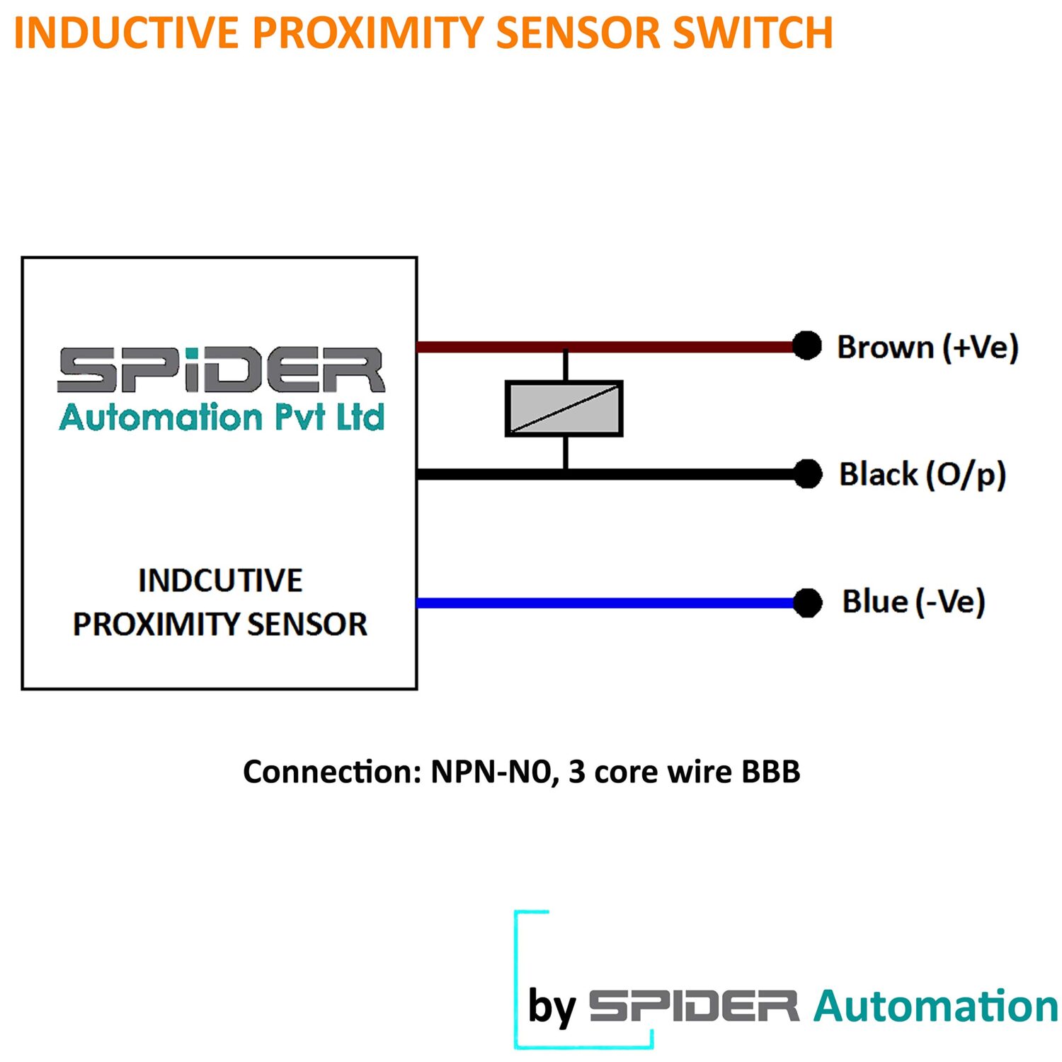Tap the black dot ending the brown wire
coord(806,346)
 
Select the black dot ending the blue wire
coord(807,603)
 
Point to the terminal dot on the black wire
coord(807,474)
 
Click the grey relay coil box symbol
coord(564,409)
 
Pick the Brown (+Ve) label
coord(927,347)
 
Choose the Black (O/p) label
coord(923,474)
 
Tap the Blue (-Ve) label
coord(913,602)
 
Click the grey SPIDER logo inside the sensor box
coord(221,370)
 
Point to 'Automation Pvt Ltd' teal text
coord(221,416)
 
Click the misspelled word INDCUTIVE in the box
coord(220,581)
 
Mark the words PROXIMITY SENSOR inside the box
coord(220,624)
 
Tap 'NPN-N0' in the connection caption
coord(491,772)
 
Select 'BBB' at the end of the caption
coord(771,772)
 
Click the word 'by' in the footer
coord(552,1005)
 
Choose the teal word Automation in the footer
coord(936,1005)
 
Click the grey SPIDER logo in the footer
coord(694,1005)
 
